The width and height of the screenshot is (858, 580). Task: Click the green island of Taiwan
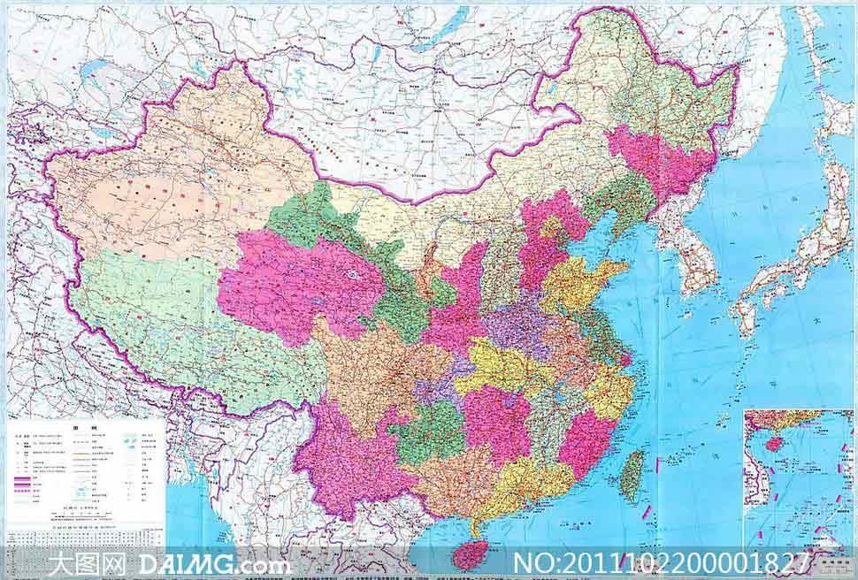(x=632, y=475)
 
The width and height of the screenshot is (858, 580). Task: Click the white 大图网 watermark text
(x=88, y=563)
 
